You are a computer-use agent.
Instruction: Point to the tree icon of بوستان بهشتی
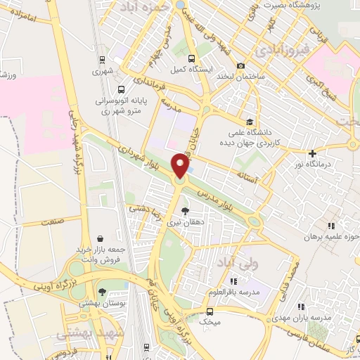pos(103,292)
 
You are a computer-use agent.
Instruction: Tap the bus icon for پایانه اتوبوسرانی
pos(122,89)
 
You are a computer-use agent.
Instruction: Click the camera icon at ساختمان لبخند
pos(241,65)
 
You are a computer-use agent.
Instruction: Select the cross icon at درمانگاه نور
pos(312,154)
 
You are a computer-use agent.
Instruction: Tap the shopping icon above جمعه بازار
pos(102,238)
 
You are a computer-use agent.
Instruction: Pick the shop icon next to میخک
pos(209,310)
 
